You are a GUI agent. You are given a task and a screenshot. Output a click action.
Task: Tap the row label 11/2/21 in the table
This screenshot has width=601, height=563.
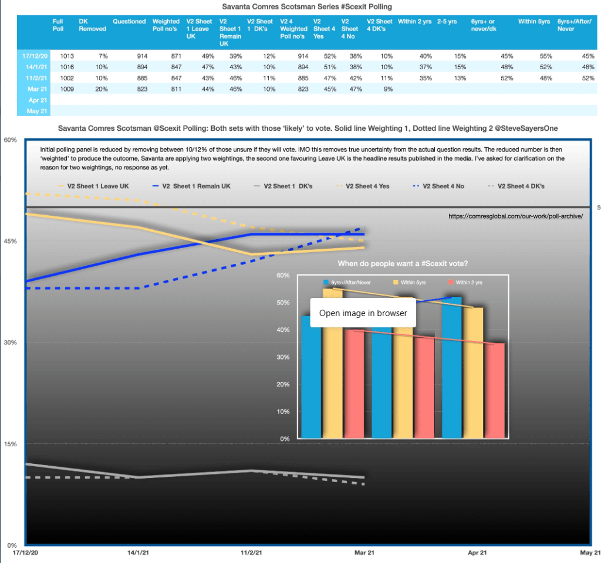(x=32, y=79)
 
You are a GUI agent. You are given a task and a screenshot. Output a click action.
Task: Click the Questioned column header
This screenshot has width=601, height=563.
(x=129, y=22)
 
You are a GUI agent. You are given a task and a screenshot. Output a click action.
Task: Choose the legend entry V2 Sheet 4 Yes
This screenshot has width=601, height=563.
(x=364, y=186)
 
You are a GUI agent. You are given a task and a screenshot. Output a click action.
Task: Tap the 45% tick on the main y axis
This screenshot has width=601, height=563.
(x=11, y=241)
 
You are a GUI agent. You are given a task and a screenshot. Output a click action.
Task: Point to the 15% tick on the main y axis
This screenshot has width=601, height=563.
(x=11, y=444)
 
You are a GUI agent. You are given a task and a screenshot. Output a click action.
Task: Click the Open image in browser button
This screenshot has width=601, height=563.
(x=363, y=313)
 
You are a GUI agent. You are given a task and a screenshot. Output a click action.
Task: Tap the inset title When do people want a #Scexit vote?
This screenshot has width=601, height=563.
(x=403, y=263)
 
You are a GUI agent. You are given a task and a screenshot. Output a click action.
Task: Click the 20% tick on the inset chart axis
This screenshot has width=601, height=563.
(x=283, y=385)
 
